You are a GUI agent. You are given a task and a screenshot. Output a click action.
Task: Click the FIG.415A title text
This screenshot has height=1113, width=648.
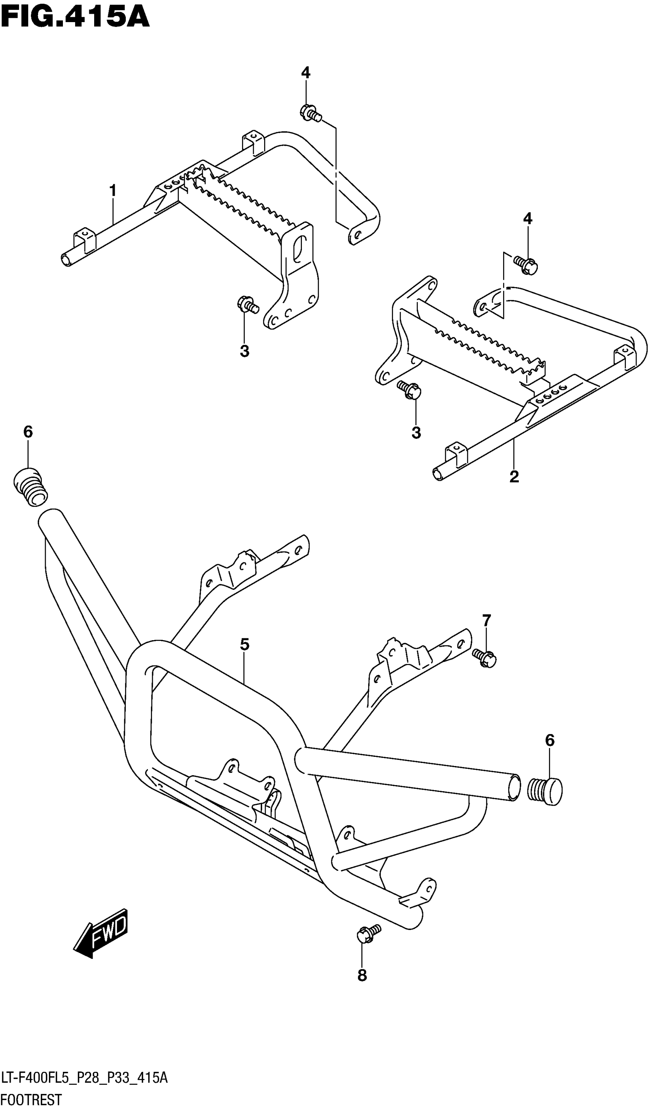(75, 17)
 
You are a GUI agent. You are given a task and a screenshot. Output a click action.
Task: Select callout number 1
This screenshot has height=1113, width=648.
(113, 191)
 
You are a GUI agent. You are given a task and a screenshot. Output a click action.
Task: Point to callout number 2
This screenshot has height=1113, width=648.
(514, 477)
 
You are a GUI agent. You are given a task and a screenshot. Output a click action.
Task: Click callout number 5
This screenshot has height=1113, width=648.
(245, 644)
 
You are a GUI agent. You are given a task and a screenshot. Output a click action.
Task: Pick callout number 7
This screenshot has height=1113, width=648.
(486, 620)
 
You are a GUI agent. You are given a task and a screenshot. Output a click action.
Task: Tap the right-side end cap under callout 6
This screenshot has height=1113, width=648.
(546, 792)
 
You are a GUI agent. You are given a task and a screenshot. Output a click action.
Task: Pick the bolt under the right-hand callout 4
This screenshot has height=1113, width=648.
(526, 265)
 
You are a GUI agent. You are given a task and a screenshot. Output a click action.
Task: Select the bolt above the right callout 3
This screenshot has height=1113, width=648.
(410, 390)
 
